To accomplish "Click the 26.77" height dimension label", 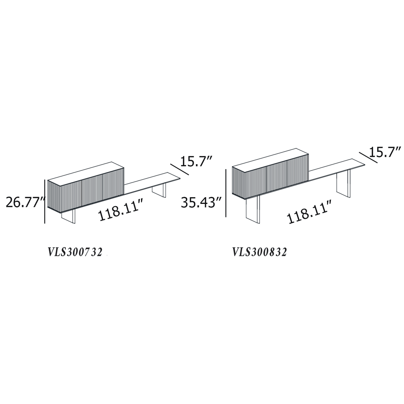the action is click(x=25, y=202).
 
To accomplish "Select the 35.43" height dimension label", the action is click(x=202, y=202).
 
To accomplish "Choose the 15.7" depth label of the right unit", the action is click(x=385, y=152).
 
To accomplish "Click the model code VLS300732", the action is click(x=75, y=252).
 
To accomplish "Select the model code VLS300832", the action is click(x=260, y=252).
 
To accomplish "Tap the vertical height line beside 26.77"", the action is click(x=45, y=202).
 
